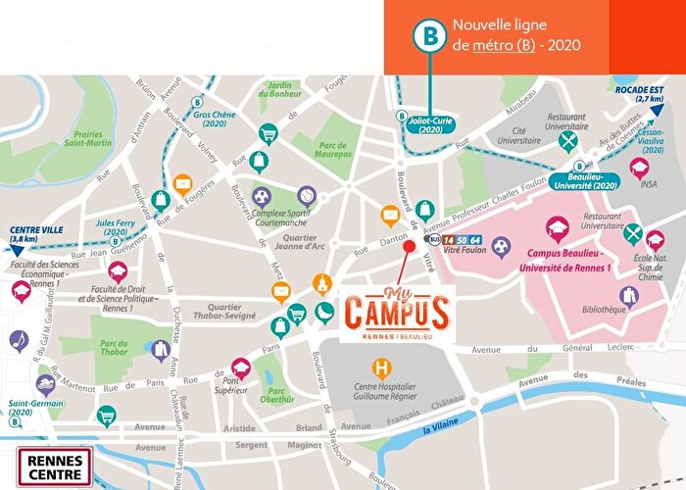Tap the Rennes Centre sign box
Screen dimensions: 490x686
56,465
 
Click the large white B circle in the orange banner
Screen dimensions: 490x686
428,32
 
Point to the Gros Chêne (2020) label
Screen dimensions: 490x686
214,119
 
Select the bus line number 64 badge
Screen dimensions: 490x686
476,239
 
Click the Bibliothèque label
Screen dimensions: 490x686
603,310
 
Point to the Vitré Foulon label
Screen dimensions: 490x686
465,254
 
